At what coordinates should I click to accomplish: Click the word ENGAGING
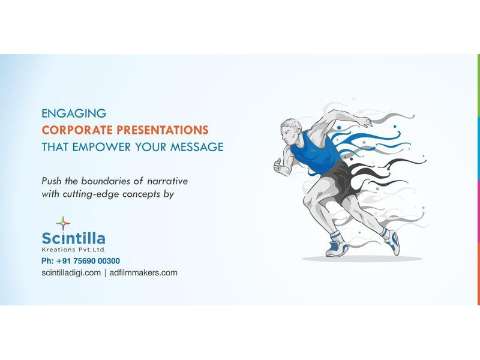tap(74, 113)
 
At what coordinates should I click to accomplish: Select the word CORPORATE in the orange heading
tap(77, 130)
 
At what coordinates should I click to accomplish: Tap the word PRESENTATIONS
tap(163, 130)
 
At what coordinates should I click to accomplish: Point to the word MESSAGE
tap(197, 147)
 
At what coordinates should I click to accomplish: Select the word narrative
tap(167, 181)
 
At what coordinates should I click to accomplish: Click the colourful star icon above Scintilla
tap(63, 223)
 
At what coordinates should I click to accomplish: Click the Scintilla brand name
tap(73, 238)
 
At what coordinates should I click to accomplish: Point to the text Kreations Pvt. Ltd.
tap(73, 250)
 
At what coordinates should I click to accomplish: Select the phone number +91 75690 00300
tap(88, 261)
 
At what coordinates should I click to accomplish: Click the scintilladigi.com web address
tap(71, 273)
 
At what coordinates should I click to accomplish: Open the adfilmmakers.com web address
tap(143, 273)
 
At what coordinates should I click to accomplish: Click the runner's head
tap(291, 132)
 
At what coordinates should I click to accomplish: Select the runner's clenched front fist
tap(279, 166)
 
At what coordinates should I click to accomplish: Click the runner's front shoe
tap(337, 247)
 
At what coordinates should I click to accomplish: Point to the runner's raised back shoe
tap(392, 242)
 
